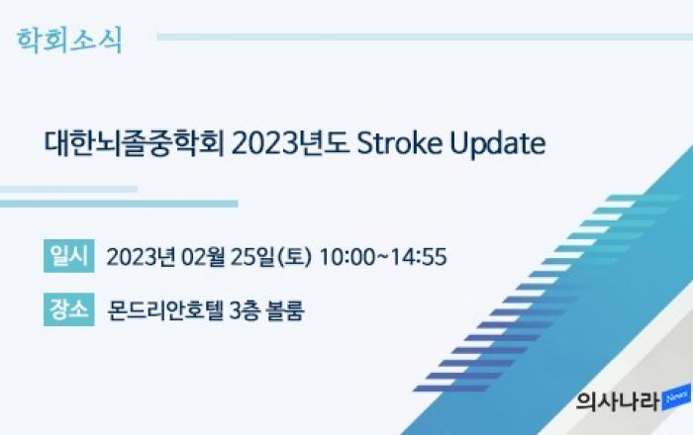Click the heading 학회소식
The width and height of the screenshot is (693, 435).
pyautogui.click(x=69, y=41)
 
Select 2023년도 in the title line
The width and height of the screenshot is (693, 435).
pyautogui.click(x=290, y=143)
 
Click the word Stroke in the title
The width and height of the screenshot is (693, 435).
pyautogui.click(x=400, y=143)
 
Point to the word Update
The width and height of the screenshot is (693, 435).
pyautogui.click(x=498, y=143)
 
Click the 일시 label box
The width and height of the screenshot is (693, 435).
pyautogui.click(x=69, y=256)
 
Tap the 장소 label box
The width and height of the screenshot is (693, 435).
pyautogui.click(x=69, y=309)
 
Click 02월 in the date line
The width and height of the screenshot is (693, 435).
pyautogui.click(x=202, y=257)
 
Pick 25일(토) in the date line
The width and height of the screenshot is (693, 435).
pyautogui.click(x=271, y=257)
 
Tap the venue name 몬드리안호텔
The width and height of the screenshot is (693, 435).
pyautogui.click(x=165, y=310)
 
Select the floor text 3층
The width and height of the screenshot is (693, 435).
pyautogui.click(x=245, y=310)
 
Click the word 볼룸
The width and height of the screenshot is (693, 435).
pyautogui.click(x=285, y=310)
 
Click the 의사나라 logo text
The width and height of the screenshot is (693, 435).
pyautogui.click(x=618, y=401)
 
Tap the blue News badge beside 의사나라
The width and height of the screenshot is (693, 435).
pyautogui.click(x=676, y=397)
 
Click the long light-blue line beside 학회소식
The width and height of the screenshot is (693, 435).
pyautogui.click(x=425, y=37)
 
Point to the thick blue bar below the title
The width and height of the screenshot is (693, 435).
pyautogui.click(x=119, y=204)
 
